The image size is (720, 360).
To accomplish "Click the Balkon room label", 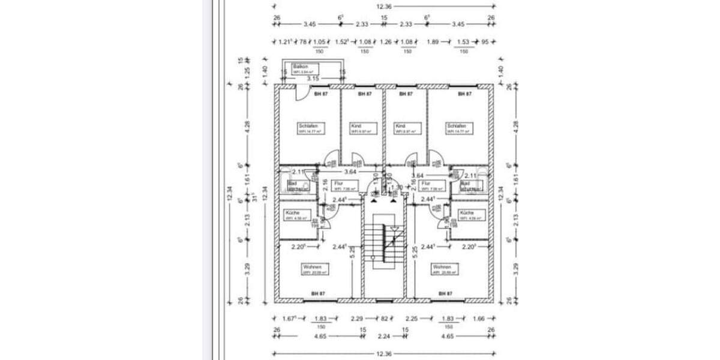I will [300, 67].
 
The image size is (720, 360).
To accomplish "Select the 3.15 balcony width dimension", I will [313, 79].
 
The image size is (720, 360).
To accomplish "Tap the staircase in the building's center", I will [384, 247].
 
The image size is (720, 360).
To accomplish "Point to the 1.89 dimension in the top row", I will [432, 42].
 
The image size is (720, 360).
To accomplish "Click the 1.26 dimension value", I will [386, 42].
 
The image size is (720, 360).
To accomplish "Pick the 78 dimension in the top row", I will [304, 42].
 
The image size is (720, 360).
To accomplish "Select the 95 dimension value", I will [485, 42].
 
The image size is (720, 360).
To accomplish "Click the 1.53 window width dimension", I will [463, 42].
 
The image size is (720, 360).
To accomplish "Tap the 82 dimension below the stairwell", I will [385, 319].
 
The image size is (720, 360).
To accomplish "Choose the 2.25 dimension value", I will [411, 319].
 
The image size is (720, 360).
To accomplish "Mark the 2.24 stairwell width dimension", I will [385, 337].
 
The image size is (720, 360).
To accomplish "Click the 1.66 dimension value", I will [478, 319].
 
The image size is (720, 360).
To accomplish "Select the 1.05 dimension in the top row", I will [319, 42].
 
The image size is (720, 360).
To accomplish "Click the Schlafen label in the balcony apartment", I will [307, 126].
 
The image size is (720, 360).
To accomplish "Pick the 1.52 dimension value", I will [342, 42].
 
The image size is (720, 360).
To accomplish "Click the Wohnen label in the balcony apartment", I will [313, 266].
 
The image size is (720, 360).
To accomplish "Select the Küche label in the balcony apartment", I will [293, 212].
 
